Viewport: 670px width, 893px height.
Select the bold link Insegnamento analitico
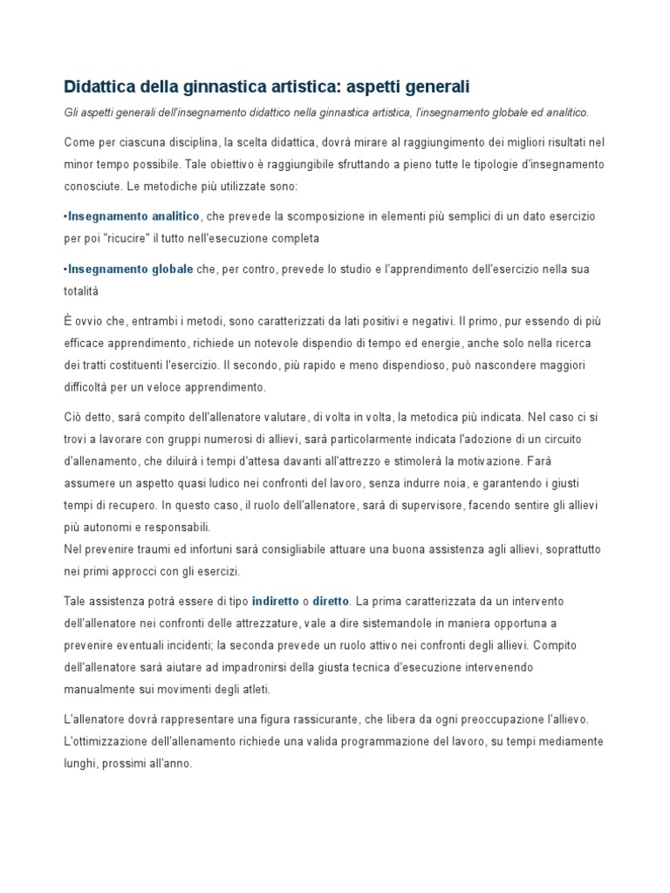coord(133,216)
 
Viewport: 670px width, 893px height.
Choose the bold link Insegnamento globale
coord(130,269)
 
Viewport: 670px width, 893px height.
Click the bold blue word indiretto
coord(274,601)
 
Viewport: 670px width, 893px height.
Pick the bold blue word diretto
coord(331,601)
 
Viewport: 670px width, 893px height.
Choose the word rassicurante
coord(319,719)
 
